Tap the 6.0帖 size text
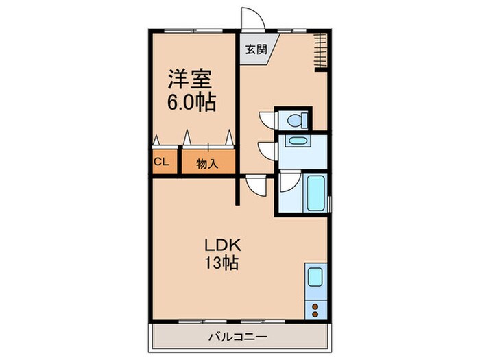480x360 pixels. click(x=193, y=103)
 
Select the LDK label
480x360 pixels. click(x=220, y=244)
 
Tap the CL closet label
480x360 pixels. click(x=162, y=162)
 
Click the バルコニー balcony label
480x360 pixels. click(x=239, y=337)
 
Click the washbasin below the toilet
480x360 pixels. click(x=298, y=141)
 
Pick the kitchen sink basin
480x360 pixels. click(x=315, y=278)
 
